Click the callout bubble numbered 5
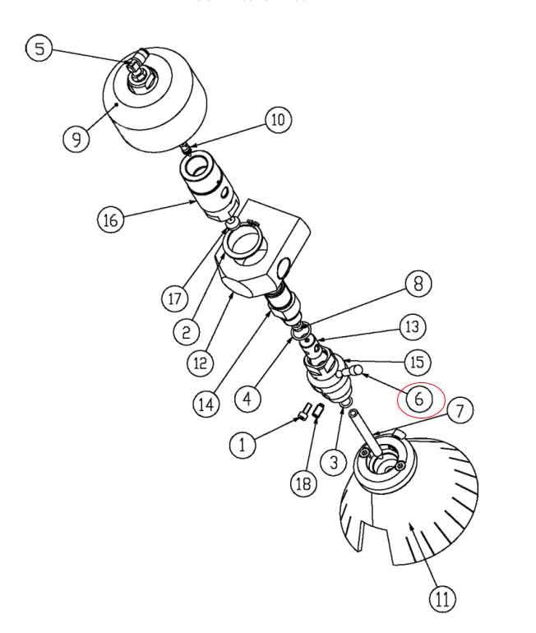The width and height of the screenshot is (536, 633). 39,49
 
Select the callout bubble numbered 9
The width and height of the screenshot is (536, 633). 76,138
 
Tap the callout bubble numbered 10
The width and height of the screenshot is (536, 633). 277,120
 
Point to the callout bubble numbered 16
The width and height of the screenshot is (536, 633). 111,219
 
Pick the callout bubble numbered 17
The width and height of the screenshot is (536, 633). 173,298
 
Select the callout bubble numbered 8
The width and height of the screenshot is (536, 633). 418,285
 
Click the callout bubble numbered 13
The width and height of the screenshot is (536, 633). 413,326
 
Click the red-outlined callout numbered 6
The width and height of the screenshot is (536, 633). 420,400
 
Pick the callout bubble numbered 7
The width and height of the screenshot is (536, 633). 460,410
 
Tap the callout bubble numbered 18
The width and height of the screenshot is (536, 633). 303,483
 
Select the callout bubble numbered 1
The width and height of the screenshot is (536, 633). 243,445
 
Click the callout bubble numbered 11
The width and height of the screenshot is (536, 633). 441,598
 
